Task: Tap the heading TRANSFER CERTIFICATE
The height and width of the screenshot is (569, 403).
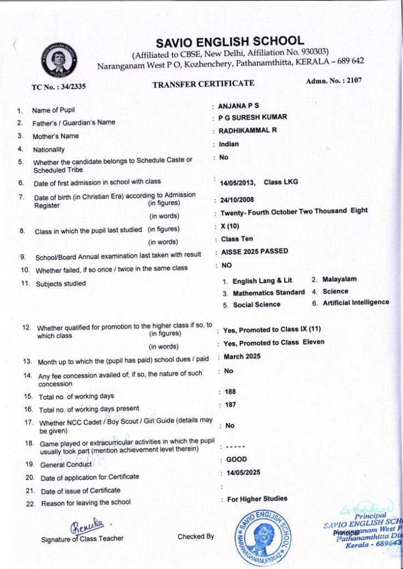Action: point(203,83)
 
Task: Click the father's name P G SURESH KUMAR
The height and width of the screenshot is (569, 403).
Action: point(252,118)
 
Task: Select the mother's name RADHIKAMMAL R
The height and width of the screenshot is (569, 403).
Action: point(247,131)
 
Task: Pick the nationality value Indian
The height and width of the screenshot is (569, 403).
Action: point(229,144)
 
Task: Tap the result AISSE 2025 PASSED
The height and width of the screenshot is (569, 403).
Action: point(255,251)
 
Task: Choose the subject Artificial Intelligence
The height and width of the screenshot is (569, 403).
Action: point(356,302)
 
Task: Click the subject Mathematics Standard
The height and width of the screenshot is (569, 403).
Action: point(268,292)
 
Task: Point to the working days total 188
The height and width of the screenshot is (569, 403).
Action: point(230,391)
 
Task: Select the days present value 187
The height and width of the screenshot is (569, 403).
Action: point(230,405)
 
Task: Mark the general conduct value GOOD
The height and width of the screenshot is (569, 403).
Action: point(237,460)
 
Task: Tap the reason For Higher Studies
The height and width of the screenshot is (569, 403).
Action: point(257,499)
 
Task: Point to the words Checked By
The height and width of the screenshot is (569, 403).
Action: point(196,536)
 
